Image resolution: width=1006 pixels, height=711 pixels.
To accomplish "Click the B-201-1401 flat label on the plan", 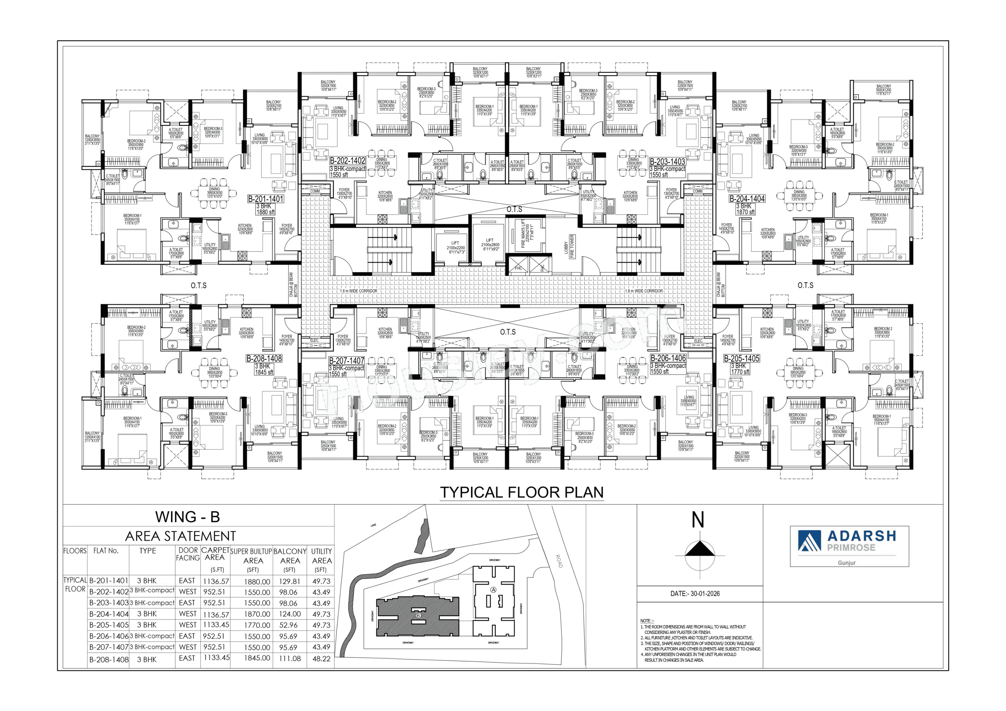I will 266,199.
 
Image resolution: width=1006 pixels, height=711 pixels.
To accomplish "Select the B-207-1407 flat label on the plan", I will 347,361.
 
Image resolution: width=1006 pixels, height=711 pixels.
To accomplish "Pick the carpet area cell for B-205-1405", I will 216,625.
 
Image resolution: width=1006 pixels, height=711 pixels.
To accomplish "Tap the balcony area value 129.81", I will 289,581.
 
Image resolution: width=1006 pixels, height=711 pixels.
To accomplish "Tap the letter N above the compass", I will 698,520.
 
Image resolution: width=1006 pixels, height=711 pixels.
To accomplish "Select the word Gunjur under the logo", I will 846,563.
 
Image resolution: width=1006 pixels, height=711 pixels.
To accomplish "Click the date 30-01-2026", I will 695,594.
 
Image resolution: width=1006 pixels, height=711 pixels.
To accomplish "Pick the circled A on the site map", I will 493,590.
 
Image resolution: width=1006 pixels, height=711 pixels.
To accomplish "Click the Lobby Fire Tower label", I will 569,246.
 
